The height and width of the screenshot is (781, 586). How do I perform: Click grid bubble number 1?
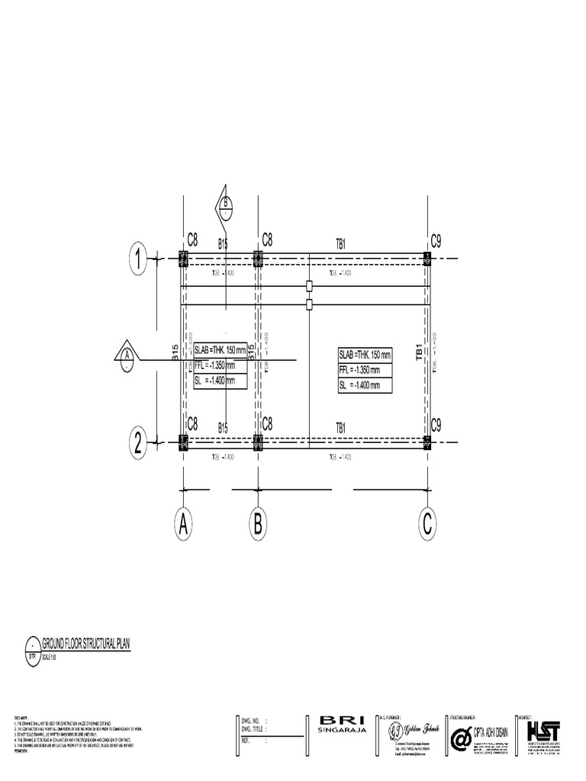pyautogui.click(x=138, y=259)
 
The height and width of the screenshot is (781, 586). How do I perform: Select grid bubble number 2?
pyautogui.click(x=138, y=442)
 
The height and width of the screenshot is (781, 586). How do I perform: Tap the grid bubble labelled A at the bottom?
pyautogui.click(x=183, y=524)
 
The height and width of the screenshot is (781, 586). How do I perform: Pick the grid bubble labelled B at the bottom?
pyautogui.click(x=258, y=524)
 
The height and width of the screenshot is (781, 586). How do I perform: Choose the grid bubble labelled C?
pyautogui.click(x=427, y=524)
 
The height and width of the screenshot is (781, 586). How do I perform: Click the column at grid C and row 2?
pyautogui.click(x=427, y=442)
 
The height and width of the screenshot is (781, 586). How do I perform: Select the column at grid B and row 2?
pyautogui.click(x=258, y=442)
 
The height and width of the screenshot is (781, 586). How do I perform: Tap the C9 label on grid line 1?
pyautogui.click(x=436, y=241)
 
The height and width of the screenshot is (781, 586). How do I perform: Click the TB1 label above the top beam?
pyautogui.click(x=342, y=244)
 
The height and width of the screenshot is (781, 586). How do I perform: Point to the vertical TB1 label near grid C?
pyautogui.click(x=419, y=352)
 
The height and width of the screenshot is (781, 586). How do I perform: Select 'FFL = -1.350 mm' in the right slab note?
pyautogui.click(x=364, y=371)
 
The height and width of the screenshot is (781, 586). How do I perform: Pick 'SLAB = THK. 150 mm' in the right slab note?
pyautogui.click(x=365, y=355)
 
